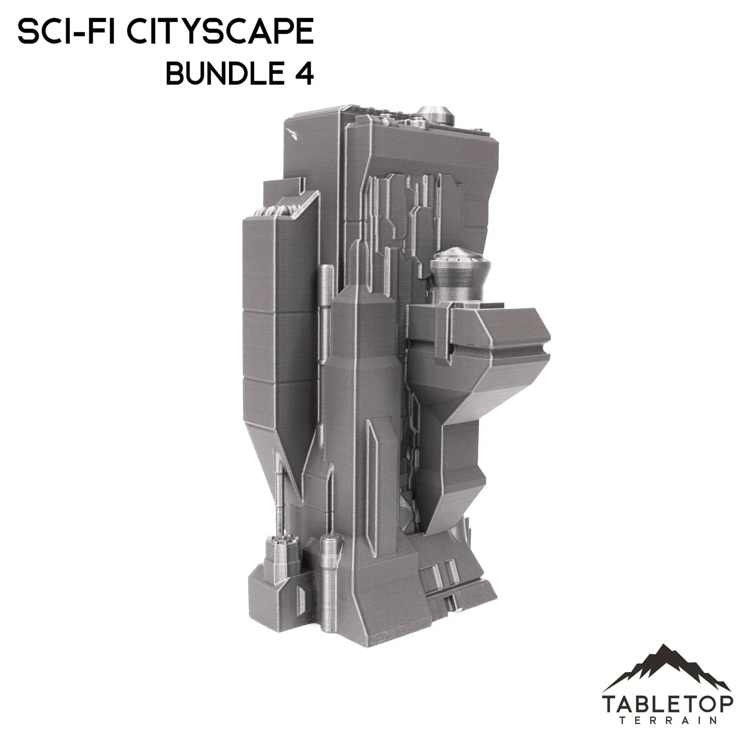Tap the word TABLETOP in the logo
point(667,704)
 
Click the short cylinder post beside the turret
point(331,564)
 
